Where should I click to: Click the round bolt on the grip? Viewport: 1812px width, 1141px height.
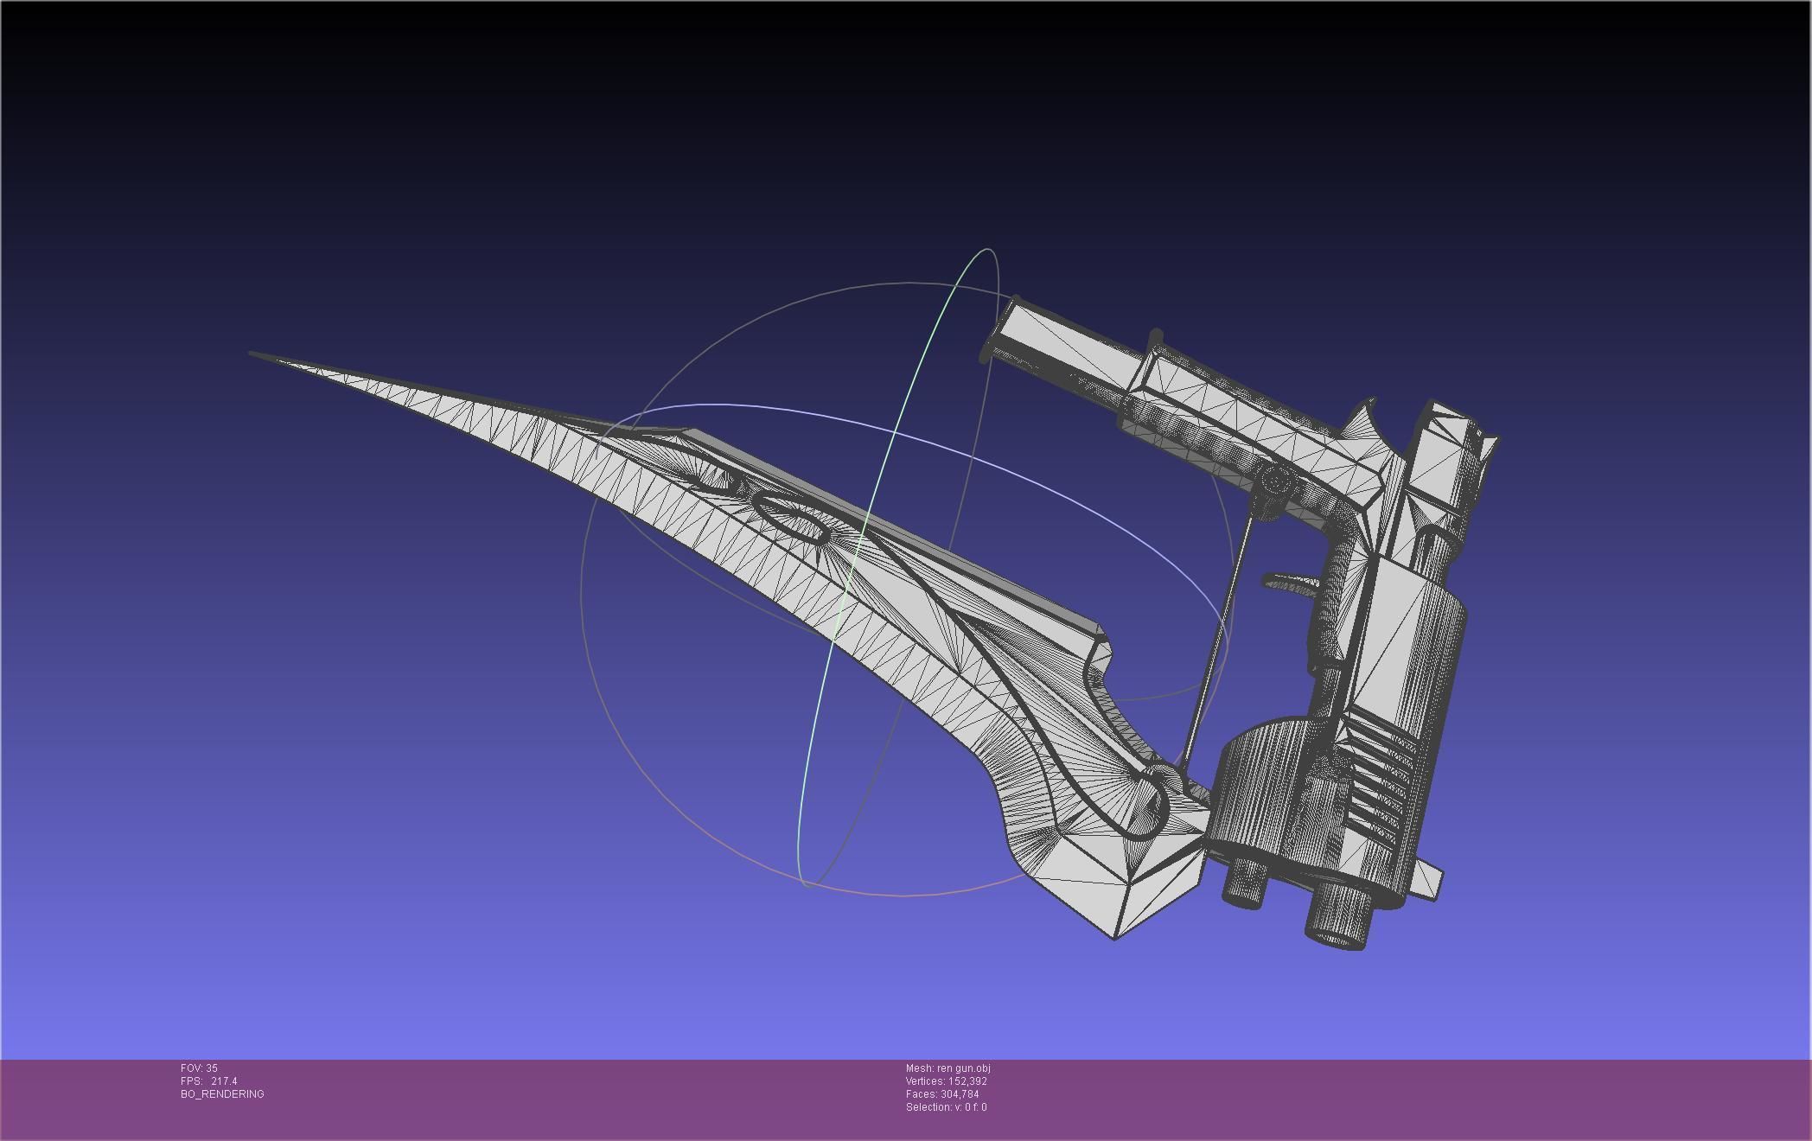tap(1273, 481)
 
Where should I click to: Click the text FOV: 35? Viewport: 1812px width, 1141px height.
tap(199, 1068)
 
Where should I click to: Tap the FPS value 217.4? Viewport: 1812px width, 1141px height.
tap(223, 1081)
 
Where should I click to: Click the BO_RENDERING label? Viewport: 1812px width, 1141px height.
tap(222, 1094)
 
